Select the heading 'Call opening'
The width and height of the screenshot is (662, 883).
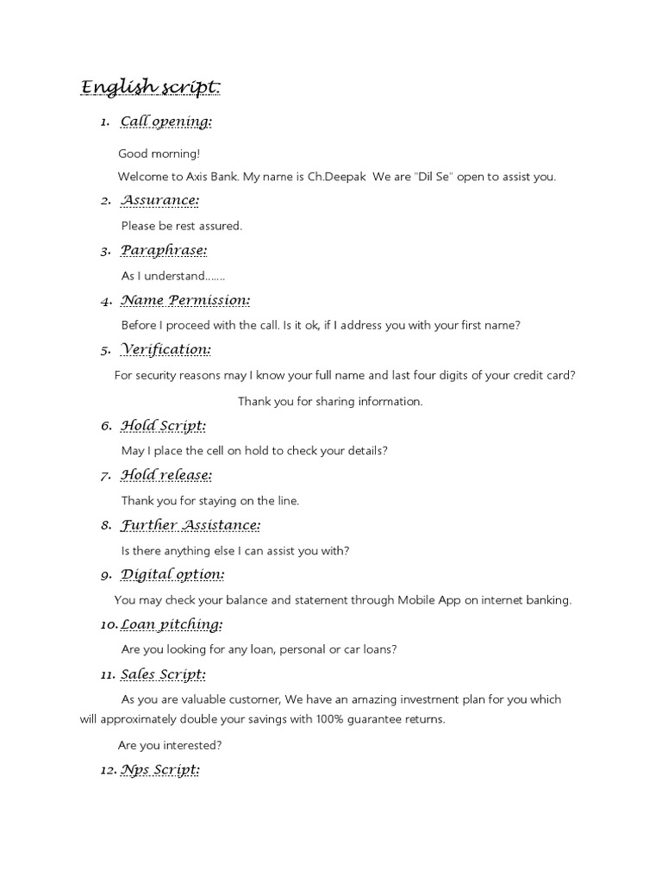click(165, 122)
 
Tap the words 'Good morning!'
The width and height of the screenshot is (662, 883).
click(159, 153)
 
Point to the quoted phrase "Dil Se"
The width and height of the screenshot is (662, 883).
click(437, 177)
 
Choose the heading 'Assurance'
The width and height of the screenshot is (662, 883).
click(159, 201)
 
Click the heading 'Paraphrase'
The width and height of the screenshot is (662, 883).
click(164, 251)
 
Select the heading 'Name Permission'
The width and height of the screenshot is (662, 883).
click(185, 301)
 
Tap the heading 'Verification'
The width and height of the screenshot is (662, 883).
click(166, 350)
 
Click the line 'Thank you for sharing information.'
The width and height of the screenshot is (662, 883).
click(330, 401)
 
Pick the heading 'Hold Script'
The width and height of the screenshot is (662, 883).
click(163, 426)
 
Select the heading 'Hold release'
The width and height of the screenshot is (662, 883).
click(166, 475)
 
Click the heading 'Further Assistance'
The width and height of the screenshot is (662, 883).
click(190, 525)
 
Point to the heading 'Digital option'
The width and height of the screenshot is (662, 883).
click(172, 574)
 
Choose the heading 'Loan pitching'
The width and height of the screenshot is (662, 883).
click(172, 624)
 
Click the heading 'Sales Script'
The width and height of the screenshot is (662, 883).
click(163, 674)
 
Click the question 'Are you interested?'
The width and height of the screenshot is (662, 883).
click(169, 745)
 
